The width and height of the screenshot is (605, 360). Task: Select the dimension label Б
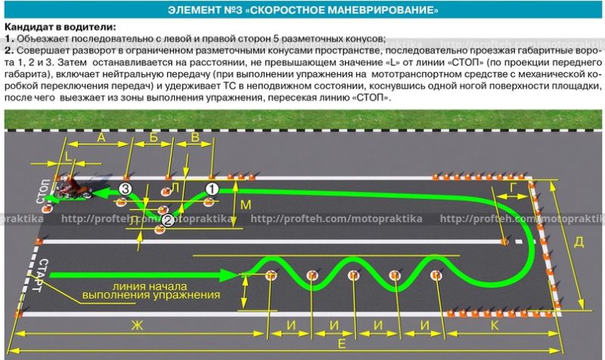153,138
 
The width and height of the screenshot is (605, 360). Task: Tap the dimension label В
194,138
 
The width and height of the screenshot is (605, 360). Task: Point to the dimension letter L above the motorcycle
70,157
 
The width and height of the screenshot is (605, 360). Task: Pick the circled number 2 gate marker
168,220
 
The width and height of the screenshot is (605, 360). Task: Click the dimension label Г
514,186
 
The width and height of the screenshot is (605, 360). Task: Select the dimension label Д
579,242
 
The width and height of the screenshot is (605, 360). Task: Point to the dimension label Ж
137,325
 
